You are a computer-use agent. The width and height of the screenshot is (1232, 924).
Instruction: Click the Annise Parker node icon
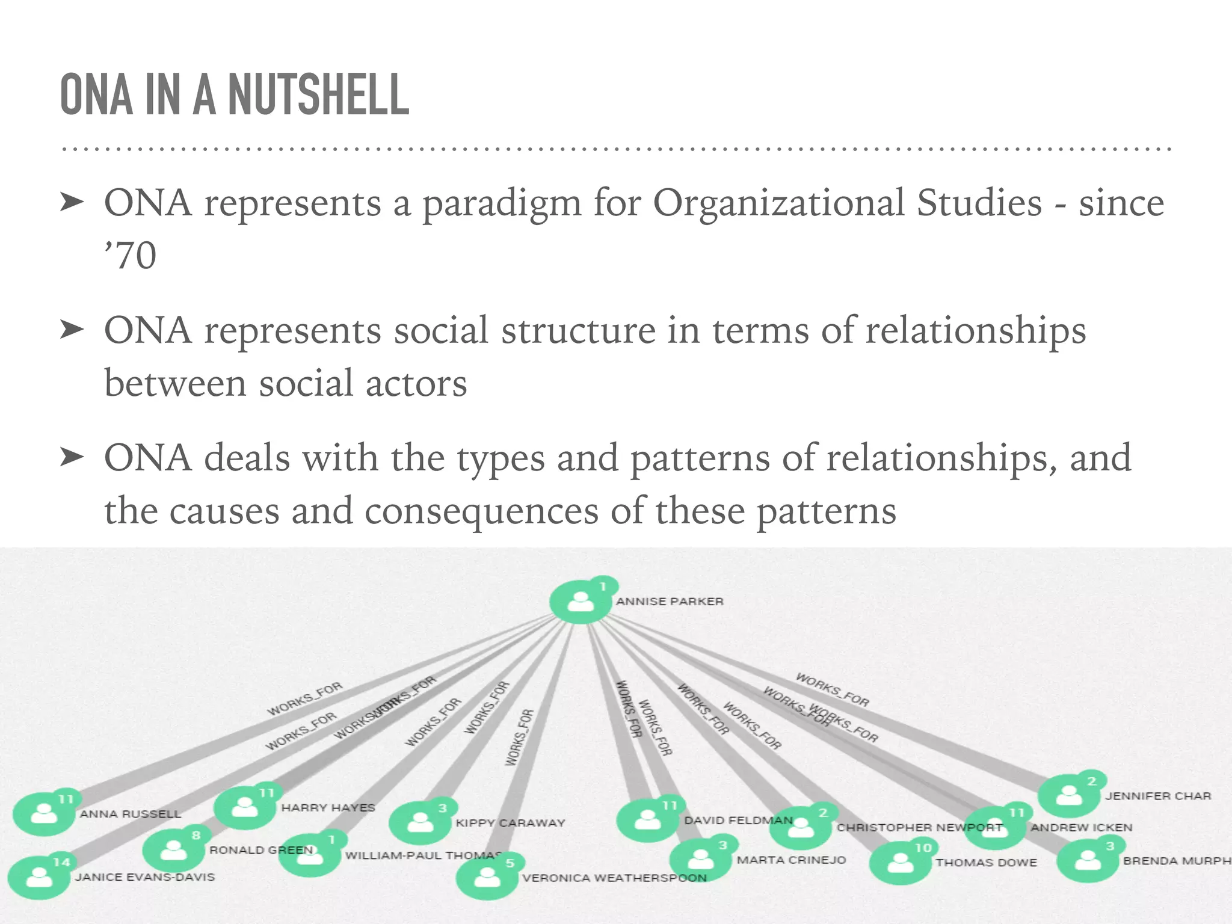click(x=580, y=602)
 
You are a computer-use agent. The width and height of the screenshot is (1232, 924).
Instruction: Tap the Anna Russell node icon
click(x=43, y=814)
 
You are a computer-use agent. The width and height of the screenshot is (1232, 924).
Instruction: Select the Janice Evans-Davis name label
click(x=145, y=877)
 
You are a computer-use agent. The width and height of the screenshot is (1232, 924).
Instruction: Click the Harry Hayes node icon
click(x=245, y=808)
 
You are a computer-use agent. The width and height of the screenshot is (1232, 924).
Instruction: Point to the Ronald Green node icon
click(x=174, y=850)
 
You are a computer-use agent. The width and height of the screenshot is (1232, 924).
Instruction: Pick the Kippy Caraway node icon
click(x=420, y=822)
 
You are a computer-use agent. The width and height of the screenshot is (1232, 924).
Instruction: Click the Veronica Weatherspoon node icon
click(x=487, y=878)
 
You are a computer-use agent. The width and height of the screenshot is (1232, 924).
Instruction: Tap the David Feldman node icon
click(x=647, y=821)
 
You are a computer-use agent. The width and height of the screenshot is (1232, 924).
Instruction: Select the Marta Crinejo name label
click(x=791, y=860)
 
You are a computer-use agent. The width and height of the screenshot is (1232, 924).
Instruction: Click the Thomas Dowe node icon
click(x=900, y=863)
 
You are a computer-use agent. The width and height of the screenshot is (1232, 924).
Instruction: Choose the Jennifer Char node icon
click(x=1068, y=795)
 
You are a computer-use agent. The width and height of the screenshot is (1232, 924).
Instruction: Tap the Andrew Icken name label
click(x=1082, y=828)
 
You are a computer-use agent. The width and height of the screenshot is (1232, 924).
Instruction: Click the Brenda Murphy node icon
click(x=1087, y=860)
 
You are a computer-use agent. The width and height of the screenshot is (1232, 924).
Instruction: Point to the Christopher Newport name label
click(x=919, y=828)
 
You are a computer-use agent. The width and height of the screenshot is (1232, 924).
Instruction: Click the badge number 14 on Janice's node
click(x=61, y=862)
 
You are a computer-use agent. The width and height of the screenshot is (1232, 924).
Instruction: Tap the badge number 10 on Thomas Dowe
click(x=923, y=848)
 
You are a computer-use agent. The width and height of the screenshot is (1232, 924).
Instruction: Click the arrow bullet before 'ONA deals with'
click(x=72, y=458)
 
